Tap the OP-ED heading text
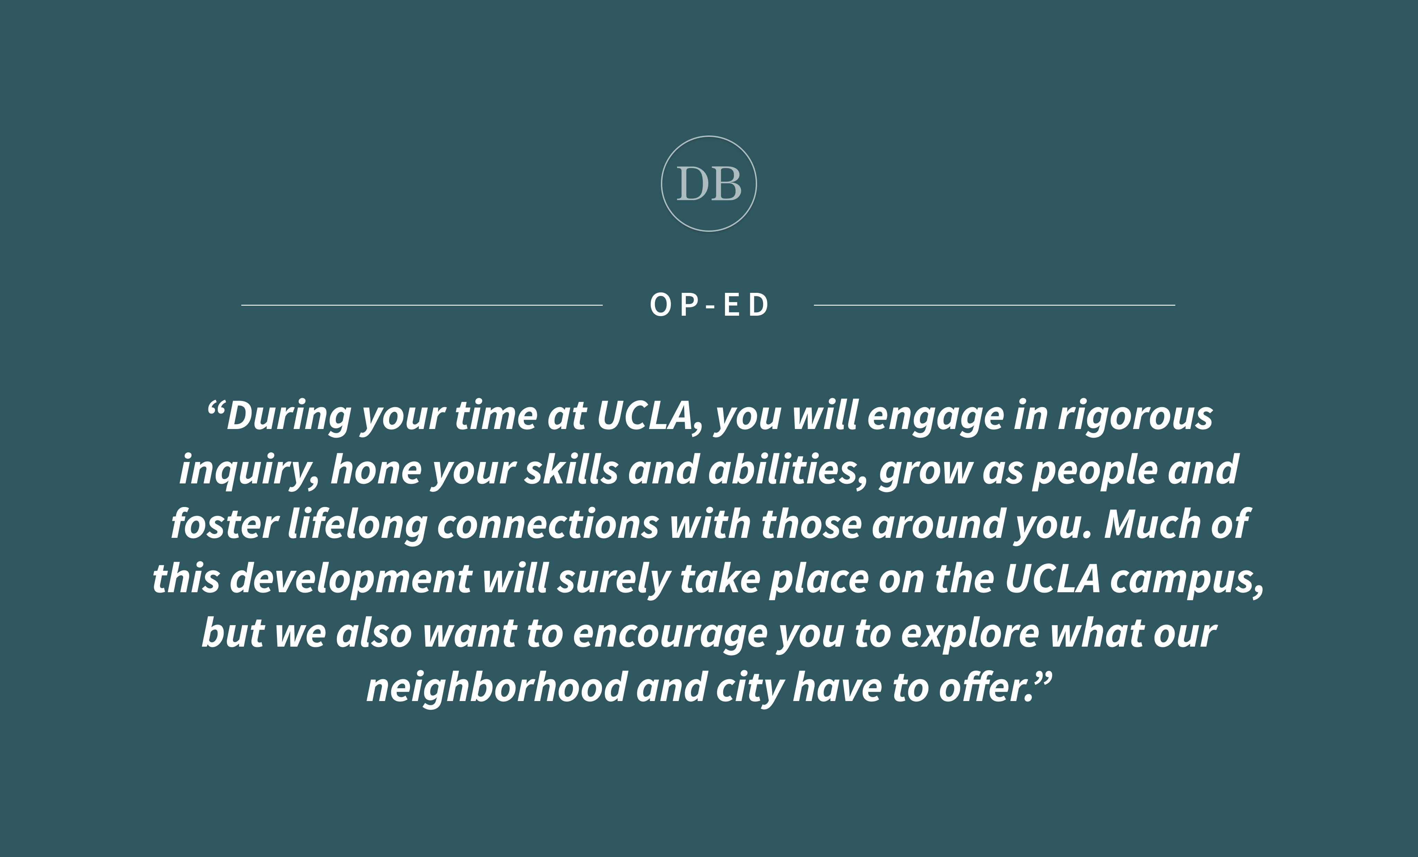coord(709,305)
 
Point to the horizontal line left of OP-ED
coord(422,305)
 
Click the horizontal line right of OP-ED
coord(995,305)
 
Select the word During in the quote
coord(289,416)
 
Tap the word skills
coord(572,469)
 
